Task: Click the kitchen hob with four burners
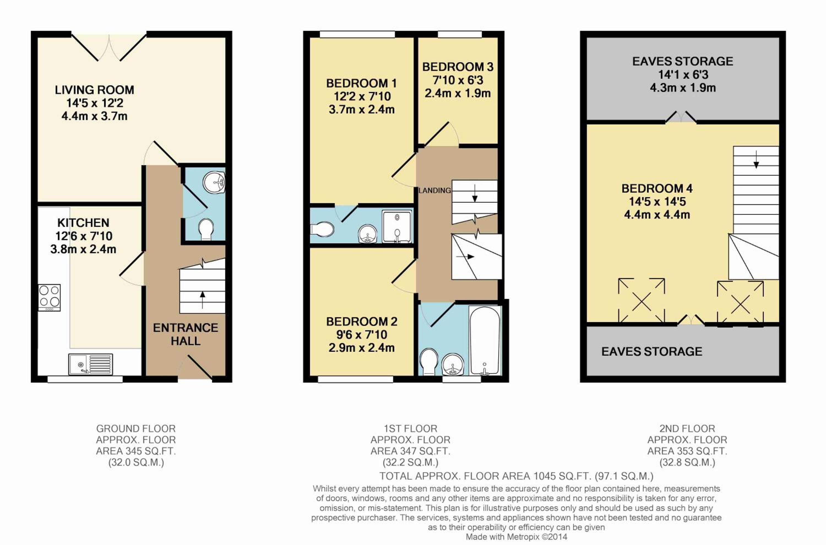click(x=49, y=298)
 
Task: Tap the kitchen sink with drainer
click(x=90, y=364)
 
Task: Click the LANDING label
click(x=434, y=190)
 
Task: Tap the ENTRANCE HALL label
click(x=186, y=334)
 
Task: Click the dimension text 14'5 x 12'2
click(x=94, y=103)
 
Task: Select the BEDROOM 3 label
click(x=458, y=67)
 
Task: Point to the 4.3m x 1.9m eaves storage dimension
click(x=683, y=88)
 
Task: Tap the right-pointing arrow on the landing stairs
click(x=465, y=257)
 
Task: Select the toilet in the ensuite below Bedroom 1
click(x=322, y=229)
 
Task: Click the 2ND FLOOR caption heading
click(x=687, y=429)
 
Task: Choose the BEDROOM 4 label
click(x=657, y=188)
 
